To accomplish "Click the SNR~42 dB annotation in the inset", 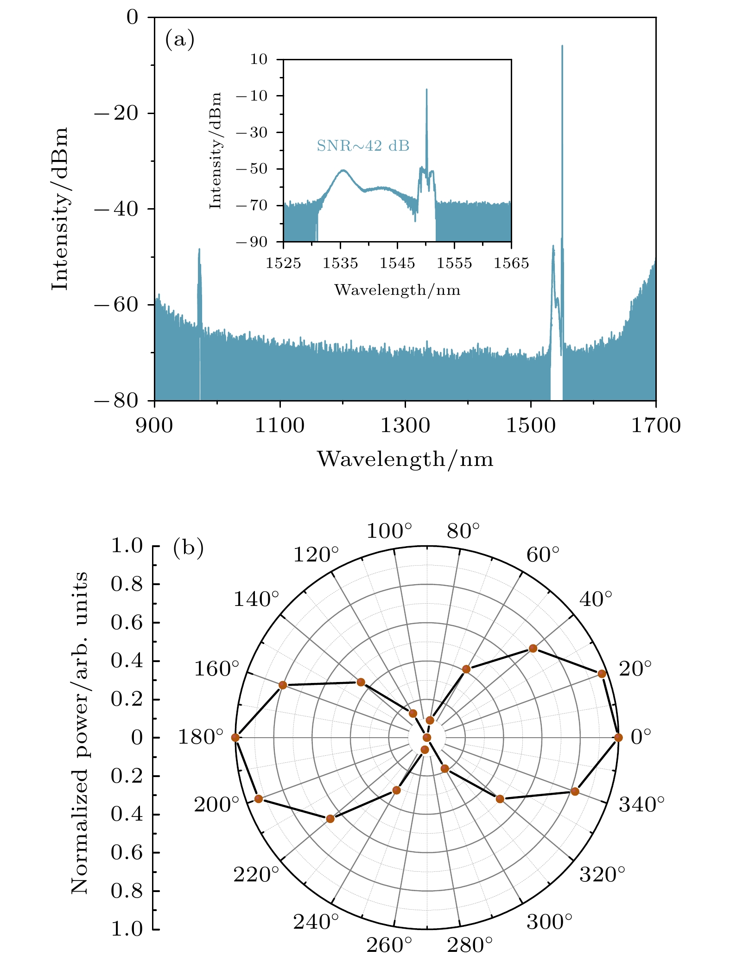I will coord(363,146).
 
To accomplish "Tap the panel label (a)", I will coord(179,40).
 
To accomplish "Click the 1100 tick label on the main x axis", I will coord(279,425).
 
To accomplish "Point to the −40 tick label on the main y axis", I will coord(116,209).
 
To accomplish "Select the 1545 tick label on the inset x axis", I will coord(397,263).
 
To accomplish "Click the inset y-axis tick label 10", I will coord(260,59).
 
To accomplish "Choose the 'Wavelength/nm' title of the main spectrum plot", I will coord(405,459).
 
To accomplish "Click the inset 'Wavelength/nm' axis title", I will coord(397,290).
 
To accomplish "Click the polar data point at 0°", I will coord(618,738).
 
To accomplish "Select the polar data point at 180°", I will coord(235,738).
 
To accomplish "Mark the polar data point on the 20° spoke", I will coord(602,674).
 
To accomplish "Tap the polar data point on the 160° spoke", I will coord(283,685).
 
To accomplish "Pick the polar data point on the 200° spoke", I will coord(259,799).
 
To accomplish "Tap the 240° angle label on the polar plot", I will coord(316,923).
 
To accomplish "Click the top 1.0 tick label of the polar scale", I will coord(127,546).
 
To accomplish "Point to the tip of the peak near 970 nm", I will coord(199,249).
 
